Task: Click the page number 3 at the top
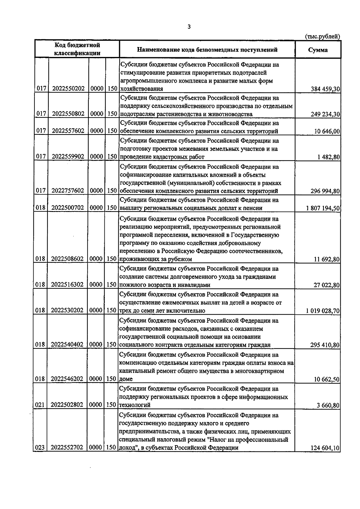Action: point(189,27)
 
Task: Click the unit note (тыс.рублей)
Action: point(322,37)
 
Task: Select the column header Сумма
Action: point(318,50)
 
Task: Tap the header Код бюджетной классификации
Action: point(77,49)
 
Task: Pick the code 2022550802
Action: point(68,114)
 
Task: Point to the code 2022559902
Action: point(68,156)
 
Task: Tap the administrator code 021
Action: point(40,405)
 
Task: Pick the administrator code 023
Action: point(40,448)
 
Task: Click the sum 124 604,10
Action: point(323,448)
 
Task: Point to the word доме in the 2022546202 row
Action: point(126,379)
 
